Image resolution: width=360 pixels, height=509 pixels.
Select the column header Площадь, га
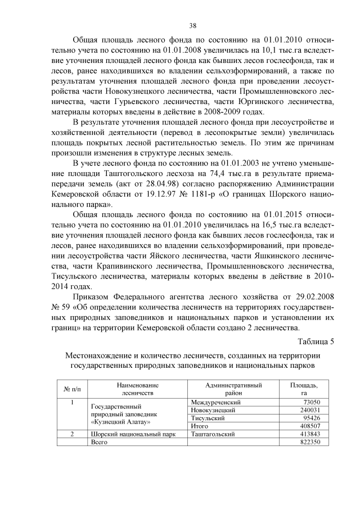click(x=304, y=389)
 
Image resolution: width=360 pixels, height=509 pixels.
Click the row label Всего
click(x=99, y=442)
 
